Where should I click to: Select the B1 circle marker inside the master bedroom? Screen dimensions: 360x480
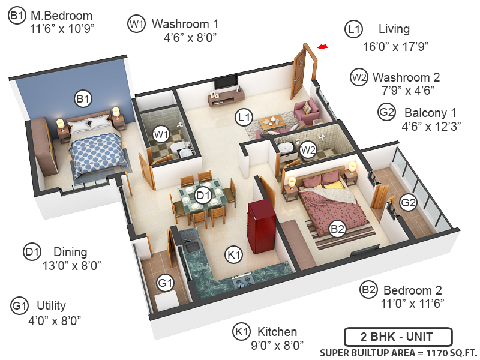pos(83,98)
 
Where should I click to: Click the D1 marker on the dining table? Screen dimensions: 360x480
pos(203,195)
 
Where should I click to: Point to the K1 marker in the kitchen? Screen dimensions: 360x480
pos(233,255)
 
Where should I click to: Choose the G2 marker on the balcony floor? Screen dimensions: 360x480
pos(408,203)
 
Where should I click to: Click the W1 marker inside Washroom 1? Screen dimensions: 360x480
pos(160,134)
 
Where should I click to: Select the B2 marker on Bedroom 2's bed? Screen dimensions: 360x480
pos(337,228)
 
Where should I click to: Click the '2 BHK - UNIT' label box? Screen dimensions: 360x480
pos(398,337)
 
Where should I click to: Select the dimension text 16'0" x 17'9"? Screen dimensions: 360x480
pos(395,46)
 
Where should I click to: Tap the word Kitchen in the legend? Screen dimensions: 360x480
pos(277,332)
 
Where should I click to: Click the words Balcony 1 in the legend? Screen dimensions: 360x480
pos(430,113)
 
